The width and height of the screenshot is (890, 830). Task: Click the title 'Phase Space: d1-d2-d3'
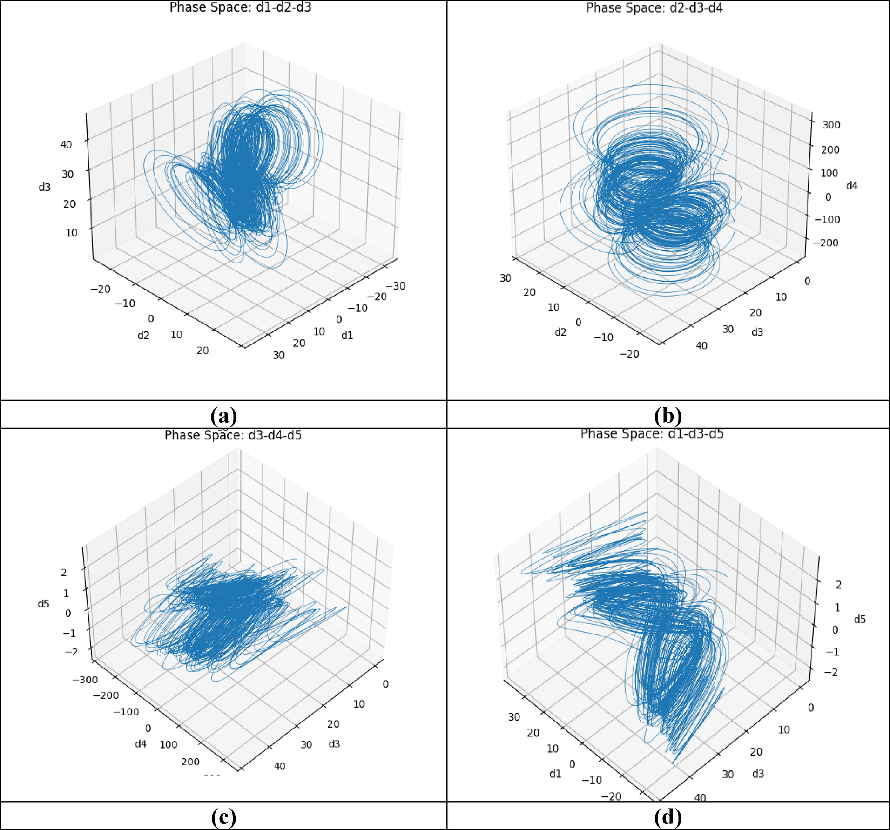point(240,7)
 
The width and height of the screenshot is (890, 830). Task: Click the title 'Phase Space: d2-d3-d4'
point(654,8)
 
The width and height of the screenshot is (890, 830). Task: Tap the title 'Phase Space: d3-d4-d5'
point(233,435)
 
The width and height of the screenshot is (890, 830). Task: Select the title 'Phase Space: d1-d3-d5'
point(652,434)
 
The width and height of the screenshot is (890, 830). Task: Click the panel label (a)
point(223,415)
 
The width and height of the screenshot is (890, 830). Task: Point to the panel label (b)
point(667,415)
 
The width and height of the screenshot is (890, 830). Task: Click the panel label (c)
point(223,817)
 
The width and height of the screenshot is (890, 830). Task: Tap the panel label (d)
point(667,817)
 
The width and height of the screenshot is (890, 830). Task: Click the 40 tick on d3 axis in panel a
point(66,145)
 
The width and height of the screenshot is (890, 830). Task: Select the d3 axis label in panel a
point(44,187)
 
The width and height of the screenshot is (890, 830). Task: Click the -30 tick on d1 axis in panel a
point(396,286)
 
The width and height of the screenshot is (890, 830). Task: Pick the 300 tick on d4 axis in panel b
point(831,125)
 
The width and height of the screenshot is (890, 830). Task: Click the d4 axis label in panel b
point(851,186)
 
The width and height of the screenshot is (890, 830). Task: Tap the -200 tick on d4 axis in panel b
point(826,243)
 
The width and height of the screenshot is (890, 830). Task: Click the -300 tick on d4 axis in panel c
point(85,680)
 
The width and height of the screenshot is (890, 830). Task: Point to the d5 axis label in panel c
point(43,604)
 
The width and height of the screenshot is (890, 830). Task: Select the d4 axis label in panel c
point(141,744)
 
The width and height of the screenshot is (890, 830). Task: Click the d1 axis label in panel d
point(555,774)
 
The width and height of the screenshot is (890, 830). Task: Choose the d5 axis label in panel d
point(859,619)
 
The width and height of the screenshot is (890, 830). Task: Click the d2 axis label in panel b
point(560,332)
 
